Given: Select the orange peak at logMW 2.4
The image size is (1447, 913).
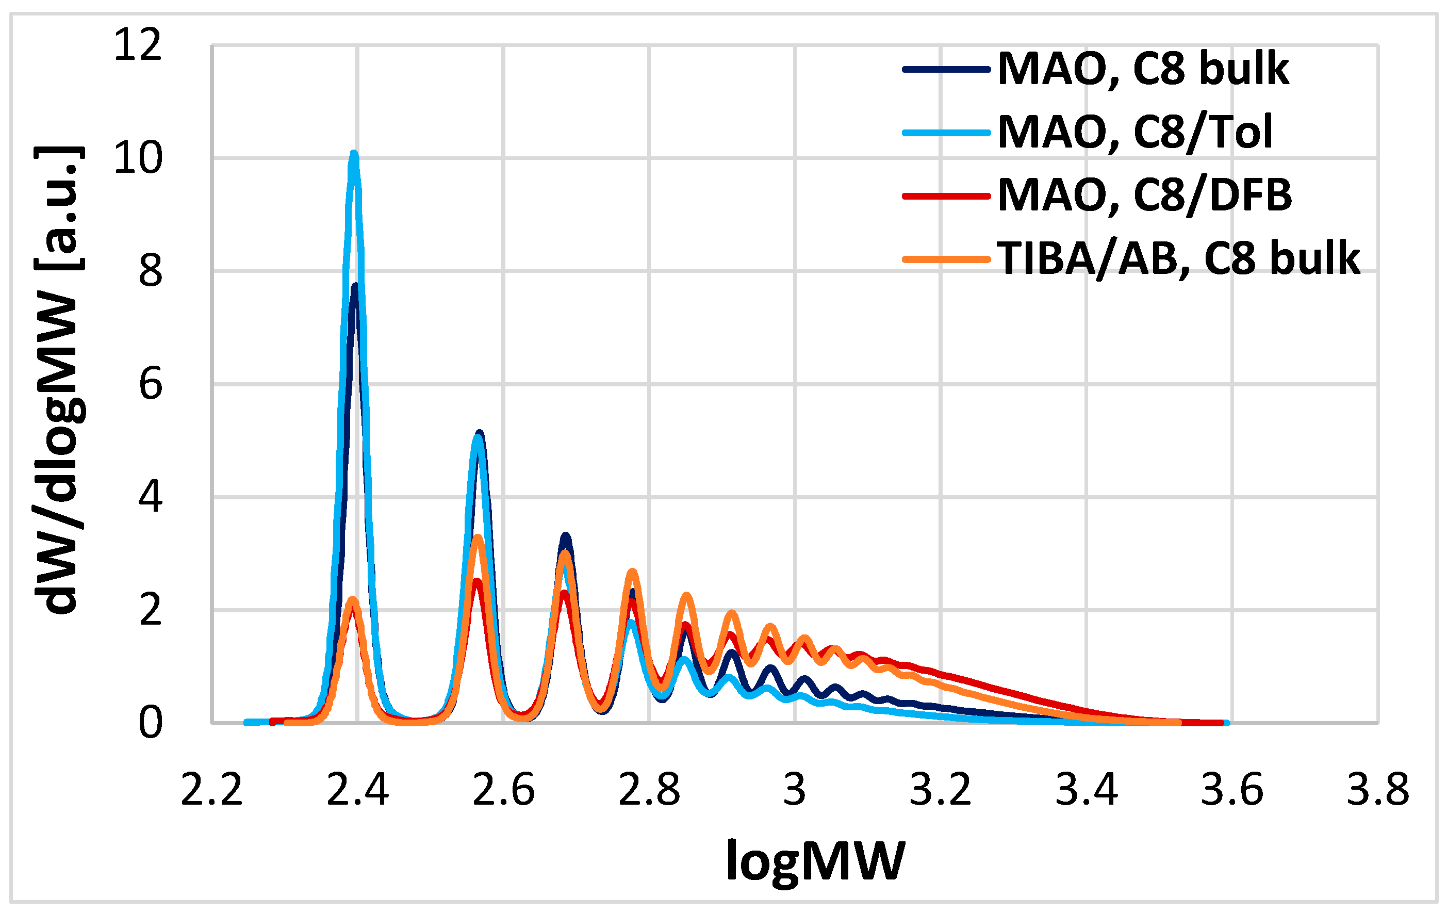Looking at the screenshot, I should coord(353,600).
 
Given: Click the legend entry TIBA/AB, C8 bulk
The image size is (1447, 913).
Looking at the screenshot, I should coord(1178,258).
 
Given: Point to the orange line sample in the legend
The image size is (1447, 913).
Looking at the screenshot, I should coord(946,259).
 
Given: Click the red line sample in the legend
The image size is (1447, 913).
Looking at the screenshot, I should coord(946,196).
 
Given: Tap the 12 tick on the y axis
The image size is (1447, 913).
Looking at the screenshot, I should coord(138,45).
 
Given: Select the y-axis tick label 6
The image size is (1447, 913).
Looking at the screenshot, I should coord(150,385).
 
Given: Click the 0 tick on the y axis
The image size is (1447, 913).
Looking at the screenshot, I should coord(150,723).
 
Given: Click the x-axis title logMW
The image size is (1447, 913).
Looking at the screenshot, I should coord(815,861).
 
